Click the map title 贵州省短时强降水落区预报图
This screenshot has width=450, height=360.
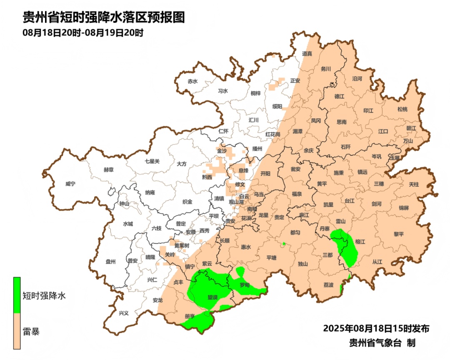[x=103, y=17]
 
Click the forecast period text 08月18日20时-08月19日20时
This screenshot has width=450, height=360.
[x=83, y=32]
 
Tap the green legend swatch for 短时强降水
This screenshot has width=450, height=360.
[x=17, y=295]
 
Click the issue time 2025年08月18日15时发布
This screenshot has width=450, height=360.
[x=376, y=328]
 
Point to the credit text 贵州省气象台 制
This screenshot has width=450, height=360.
[x=382, y=343]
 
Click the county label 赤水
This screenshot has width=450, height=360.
[x=192, y=81]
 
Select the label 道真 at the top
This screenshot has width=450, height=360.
[x=307, y=54]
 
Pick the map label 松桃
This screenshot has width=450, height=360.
[x=402, y=110]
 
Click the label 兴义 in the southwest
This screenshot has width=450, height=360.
[x=124, y=313]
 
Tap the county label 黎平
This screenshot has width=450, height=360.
[x=399, y=234]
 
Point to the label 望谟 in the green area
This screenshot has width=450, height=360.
[x=212, y=297]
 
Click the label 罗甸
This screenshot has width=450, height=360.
[x=245, y=285]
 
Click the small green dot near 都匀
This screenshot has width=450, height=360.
[x=283, y=244]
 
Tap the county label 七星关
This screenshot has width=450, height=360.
[x=152, y=161]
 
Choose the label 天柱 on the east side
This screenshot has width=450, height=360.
[x=414, y=184]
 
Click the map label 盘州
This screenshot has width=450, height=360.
[x=110, y=262]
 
